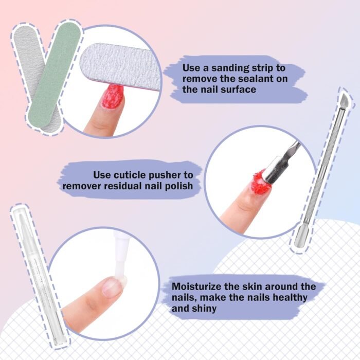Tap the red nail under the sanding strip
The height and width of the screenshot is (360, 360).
pos(113,97)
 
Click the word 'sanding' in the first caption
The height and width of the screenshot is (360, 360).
pos(230,68)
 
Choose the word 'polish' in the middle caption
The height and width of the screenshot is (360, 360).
pos(179,186)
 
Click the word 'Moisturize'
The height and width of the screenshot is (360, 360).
pos(197,286)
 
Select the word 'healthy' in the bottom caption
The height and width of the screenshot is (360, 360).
pos(290,298)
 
